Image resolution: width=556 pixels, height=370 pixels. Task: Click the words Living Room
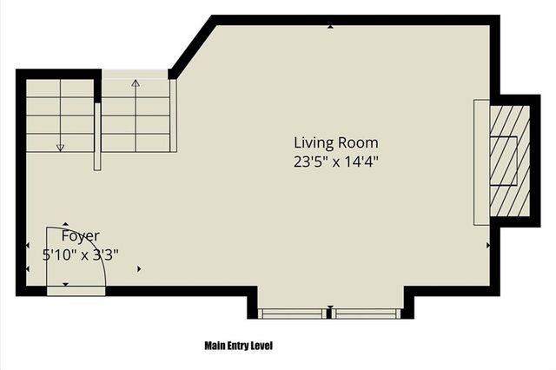[x=335, y=142]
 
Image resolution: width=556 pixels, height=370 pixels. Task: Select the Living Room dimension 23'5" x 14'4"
[x=335, y=161]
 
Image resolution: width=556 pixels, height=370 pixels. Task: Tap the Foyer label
[x=80, y=235]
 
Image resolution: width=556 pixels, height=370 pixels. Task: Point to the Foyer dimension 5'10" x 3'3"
[x=80, y=254]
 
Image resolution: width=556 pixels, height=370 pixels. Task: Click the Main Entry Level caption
[x=238, y=345]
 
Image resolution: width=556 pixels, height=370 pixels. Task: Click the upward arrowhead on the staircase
[x=136, y=84]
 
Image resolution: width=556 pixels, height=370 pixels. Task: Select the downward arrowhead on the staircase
[x=60, y=148]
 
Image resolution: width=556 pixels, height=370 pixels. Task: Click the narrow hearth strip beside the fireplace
[x=481, y=162]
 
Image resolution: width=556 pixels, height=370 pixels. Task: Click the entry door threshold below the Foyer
[x=75, y=290]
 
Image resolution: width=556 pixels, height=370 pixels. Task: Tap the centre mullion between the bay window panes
[x=329, y=312]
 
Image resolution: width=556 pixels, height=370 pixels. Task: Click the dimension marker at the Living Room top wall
[x=330, y=28]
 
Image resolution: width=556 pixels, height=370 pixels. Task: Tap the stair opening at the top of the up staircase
[x=135, y=74]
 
